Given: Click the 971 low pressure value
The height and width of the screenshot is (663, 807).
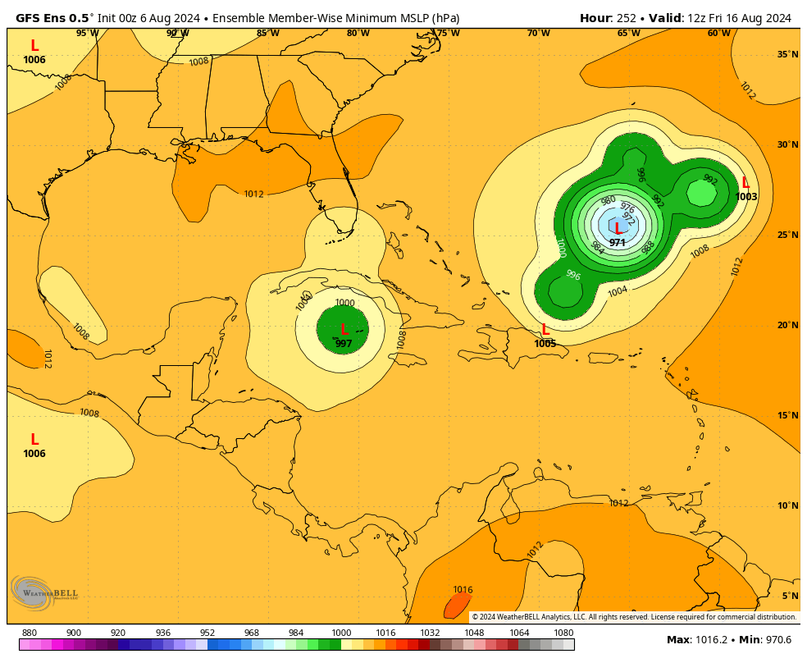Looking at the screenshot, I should (618, 243).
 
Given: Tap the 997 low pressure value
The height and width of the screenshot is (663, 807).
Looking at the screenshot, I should (344, 344).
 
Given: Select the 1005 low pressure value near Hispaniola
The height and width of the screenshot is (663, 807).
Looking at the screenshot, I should (545, 344).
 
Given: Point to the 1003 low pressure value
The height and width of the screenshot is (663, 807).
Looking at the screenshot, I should (746, 197).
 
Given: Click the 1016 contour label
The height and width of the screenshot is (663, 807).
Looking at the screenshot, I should (463, 590).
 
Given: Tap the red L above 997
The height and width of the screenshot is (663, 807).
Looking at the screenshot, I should (344, 330).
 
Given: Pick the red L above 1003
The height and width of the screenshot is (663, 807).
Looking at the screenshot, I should (745, 183).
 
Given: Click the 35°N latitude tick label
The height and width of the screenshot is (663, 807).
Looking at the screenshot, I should (787, 55).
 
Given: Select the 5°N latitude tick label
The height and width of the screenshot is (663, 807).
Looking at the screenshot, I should (790, 597).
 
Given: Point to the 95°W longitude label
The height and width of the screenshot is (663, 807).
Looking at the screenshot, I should (88, 34).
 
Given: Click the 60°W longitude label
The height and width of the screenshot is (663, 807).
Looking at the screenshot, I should (718, 34).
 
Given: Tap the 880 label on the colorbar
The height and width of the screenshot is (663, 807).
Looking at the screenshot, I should (30, 633).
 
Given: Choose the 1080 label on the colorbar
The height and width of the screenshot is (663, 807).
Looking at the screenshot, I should (563, 633).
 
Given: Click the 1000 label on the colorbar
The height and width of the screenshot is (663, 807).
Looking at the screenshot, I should (341, 633).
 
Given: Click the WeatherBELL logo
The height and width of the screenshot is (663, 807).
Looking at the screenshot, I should (44, 592).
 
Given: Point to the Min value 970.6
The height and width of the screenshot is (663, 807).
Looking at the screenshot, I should (775, 640).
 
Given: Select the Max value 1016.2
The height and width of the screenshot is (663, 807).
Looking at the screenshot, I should (712, 640).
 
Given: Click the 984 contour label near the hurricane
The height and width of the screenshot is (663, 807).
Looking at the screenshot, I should (597, 248).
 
